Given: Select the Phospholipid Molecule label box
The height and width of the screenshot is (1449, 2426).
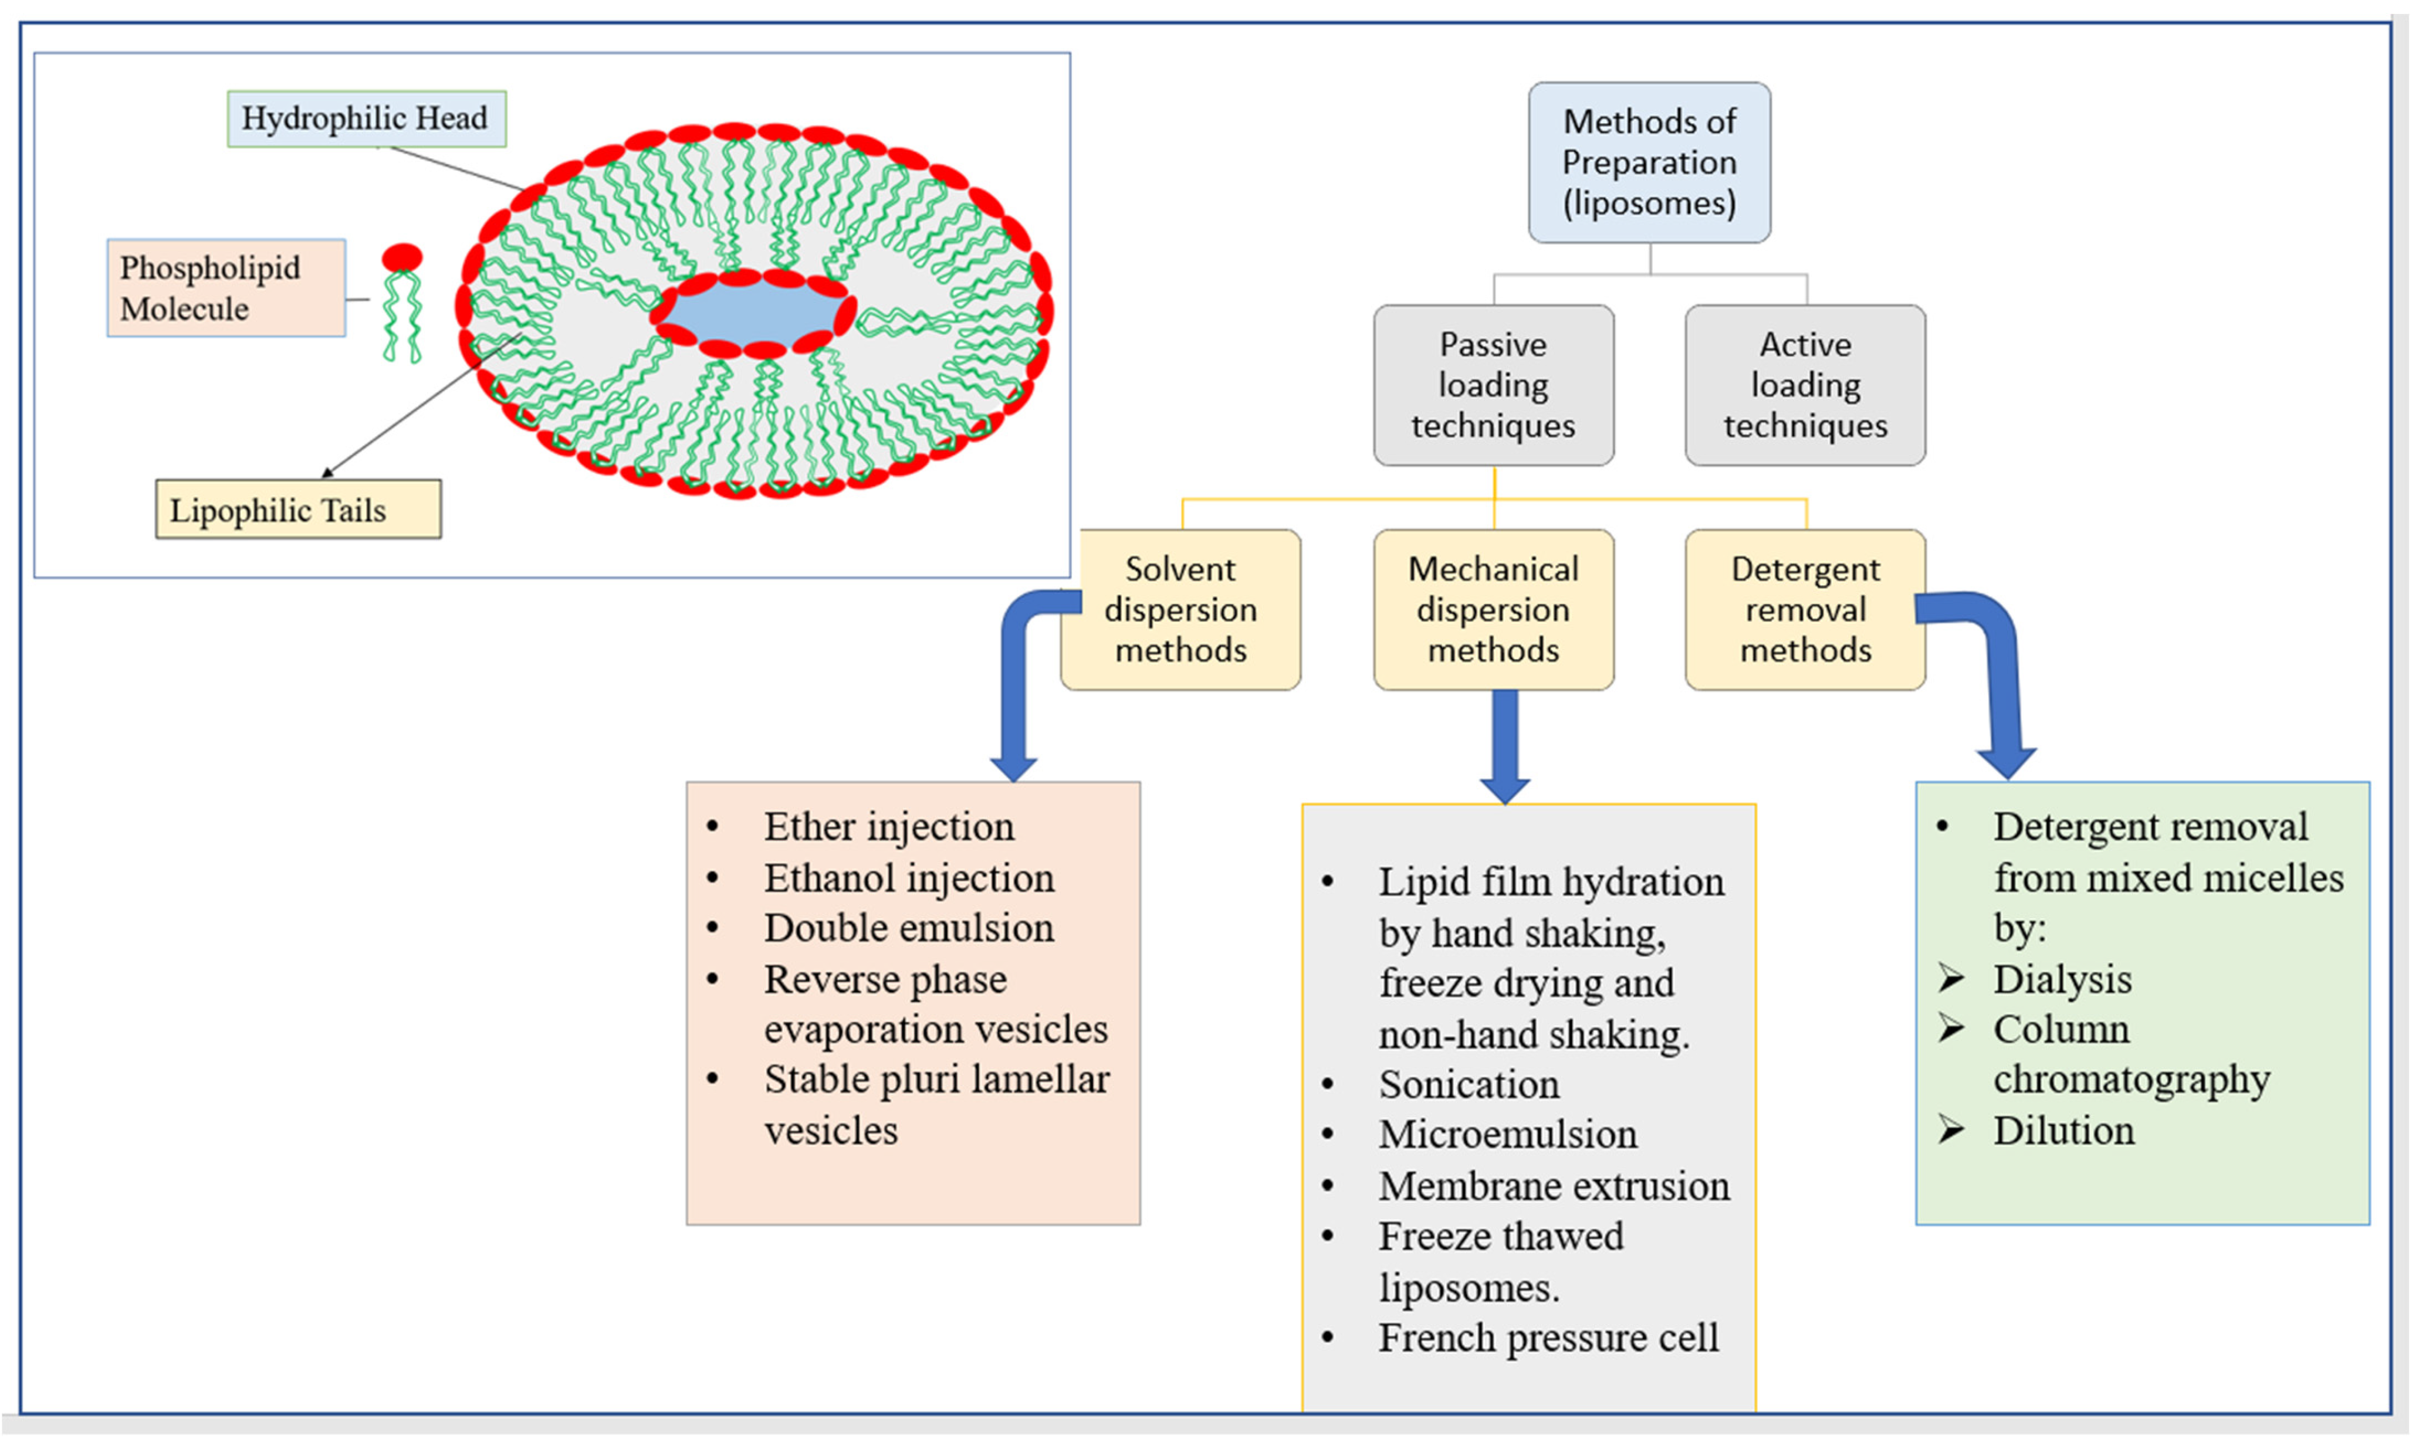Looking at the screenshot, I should click(226, 288).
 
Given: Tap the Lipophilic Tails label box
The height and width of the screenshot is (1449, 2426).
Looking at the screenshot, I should click(298, 509).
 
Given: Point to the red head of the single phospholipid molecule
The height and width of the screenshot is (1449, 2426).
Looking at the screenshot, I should click(401, 258).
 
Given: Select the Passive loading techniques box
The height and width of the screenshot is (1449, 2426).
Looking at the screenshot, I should click(1493, 385).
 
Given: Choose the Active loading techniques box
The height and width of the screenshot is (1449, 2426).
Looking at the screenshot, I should click(1805, 385).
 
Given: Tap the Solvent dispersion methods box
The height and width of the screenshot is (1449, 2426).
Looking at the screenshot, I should click(1181, 609).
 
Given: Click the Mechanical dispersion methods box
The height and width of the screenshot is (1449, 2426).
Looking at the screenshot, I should click(1493, 609).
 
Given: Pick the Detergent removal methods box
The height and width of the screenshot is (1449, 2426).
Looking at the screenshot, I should click(1805, 609).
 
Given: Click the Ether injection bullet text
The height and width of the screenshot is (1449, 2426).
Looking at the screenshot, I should click(889, 827).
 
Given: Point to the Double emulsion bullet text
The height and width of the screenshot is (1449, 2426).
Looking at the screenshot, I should click(908, 928).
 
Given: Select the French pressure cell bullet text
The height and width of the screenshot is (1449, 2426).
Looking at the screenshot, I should click(1548, 1337).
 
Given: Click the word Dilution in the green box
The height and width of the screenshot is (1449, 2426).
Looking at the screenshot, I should click(2063, 1130).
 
